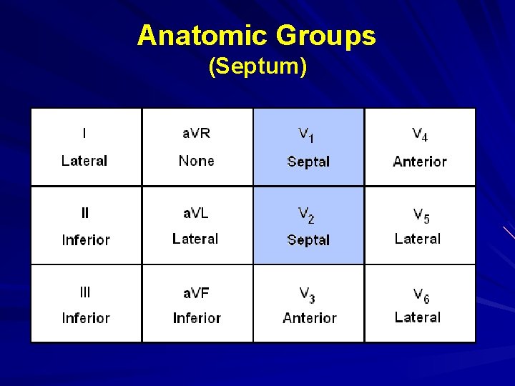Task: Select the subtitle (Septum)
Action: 257,66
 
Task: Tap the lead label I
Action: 84,133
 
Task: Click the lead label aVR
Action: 196,133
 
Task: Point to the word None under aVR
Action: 196,161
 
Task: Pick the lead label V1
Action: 307,134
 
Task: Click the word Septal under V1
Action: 308,162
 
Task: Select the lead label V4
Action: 420,134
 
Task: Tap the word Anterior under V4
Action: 420,162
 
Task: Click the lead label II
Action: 85,212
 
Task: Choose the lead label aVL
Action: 196,212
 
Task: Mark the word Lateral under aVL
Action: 195,239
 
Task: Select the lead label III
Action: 85,292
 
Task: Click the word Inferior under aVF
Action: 197,318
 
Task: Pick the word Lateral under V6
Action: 418,317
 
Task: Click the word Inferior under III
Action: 86,318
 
